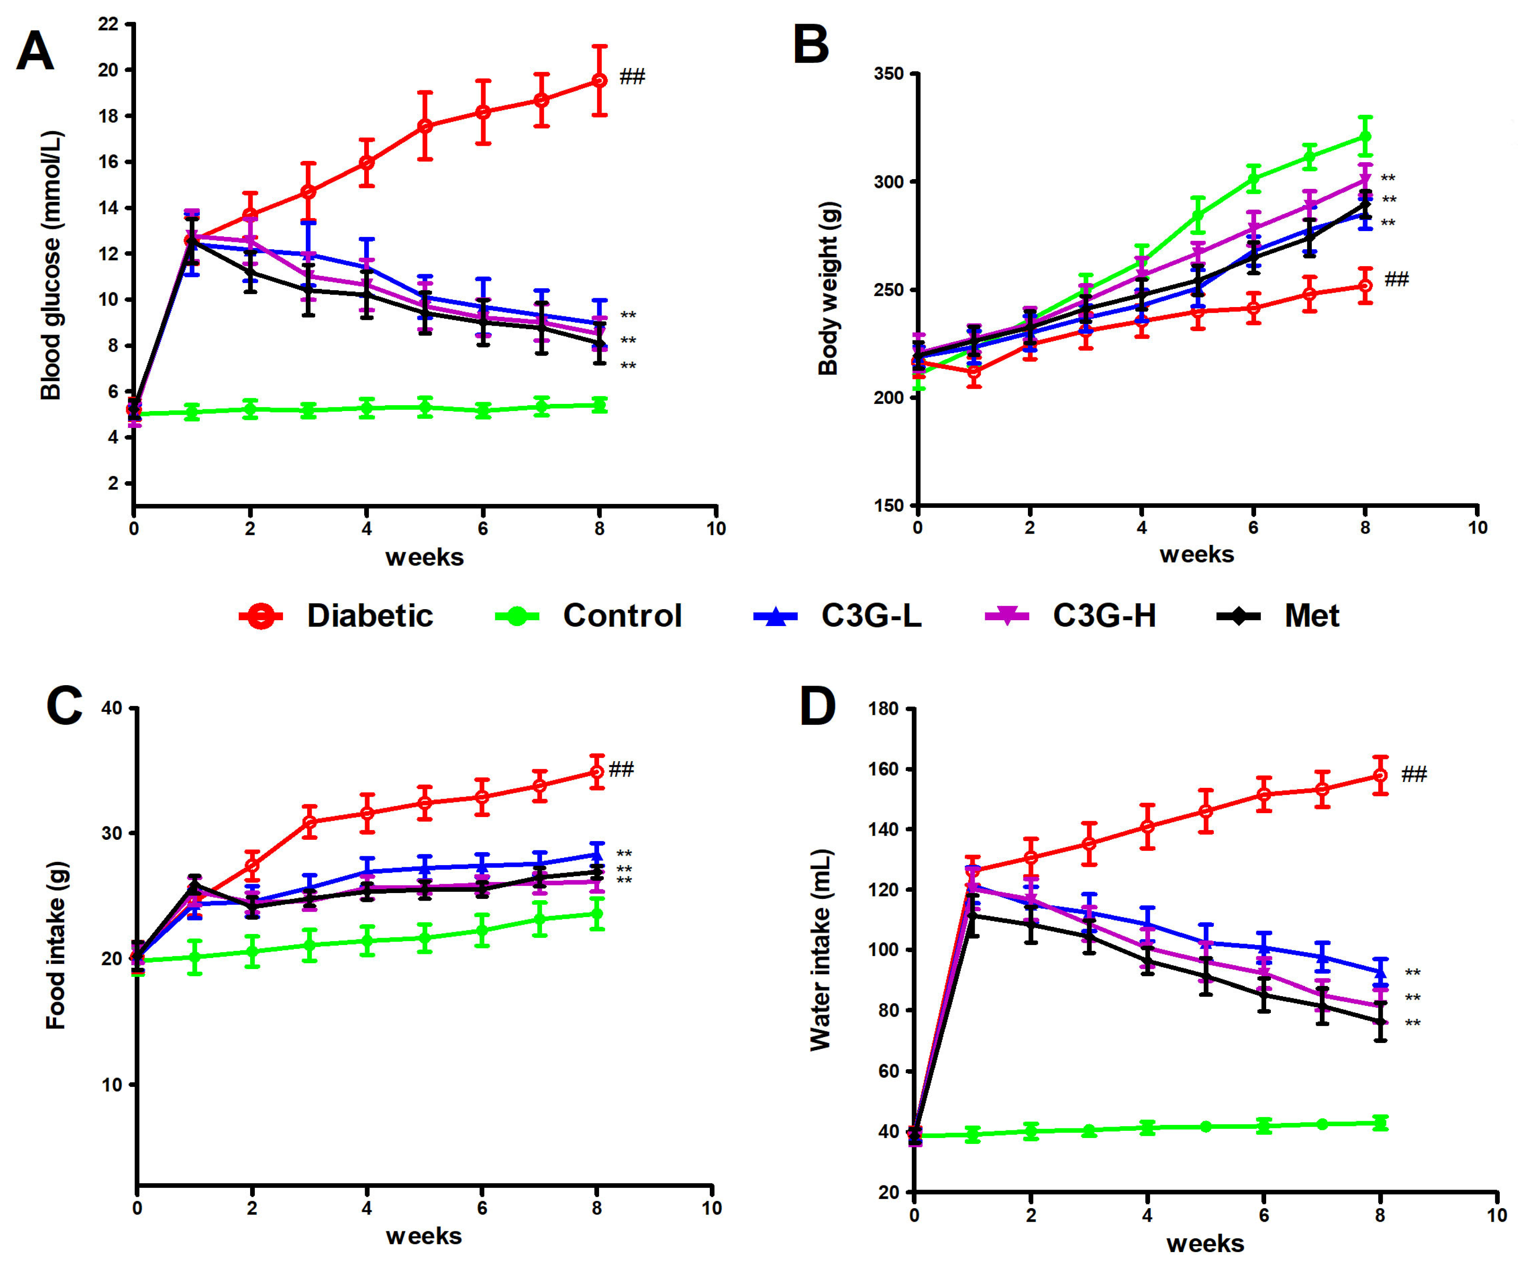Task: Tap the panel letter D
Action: click(x=818, y=708)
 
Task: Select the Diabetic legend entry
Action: click(x=337, y=616)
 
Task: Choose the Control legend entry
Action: click(x=589, y=616)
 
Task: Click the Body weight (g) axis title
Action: click(x=828, y=288)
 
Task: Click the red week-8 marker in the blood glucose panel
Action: click(x=599, y=80)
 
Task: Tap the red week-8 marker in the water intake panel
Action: click(x=1380, y=776)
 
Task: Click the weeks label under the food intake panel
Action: click(x=424, y=1236)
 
